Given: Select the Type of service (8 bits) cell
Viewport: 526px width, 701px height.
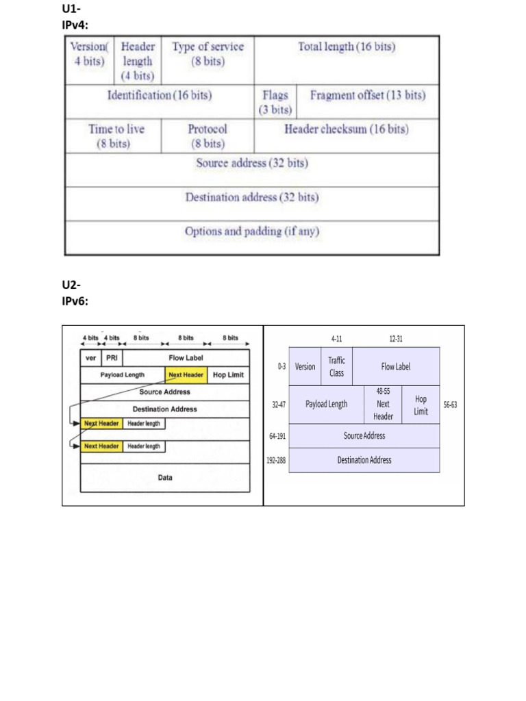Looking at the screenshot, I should pos(208,53).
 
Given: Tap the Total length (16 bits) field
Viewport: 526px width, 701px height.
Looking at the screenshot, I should pos(347,47).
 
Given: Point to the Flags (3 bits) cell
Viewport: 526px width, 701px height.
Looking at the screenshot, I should pos(275,102).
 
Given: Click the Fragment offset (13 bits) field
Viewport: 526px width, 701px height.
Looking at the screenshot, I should pos(368,95).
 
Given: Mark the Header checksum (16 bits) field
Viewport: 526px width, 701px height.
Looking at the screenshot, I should pos(347,129).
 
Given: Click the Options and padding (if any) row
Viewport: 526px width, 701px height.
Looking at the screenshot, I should pos(252,231).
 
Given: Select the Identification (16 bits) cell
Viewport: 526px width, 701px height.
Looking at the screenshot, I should pos(160,95).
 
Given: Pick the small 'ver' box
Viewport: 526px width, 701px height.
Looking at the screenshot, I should pos(90,358).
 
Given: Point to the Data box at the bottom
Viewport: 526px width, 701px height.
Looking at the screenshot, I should pos(165,477).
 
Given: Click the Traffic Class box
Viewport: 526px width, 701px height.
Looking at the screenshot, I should pos(336,366).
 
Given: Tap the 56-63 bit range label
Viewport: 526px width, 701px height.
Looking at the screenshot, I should pos(450,405).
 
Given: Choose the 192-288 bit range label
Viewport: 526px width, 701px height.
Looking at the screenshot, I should pos(276,461).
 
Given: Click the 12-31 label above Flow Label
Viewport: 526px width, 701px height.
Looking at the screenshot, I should pos(395,338).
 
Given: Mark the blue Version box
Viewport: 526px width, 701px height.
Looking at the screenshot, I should pos(305,366).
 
